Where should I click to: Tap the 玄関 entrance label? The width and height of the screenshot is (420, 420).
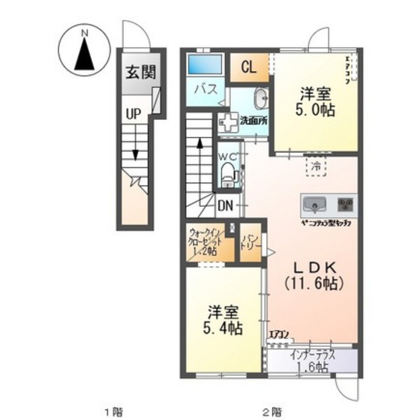click(x=140, y=73)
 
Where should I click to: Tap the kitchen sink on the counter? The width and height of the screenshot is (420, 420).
click(x=313, y=202)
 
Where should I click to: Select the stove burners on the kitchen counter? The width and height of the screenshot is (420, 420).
click(x=345, y=202)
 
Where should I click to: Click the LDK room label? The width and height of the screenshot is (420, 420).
click(x=313, y=267)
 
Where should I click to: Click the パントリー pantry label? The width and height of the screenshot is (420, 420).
click(x=250, y=245)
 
